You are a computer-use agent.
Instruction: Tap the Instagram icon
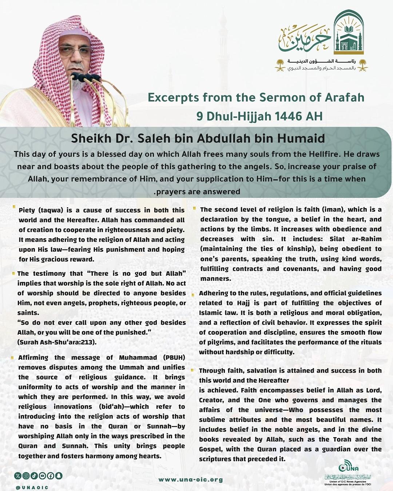[26, 475]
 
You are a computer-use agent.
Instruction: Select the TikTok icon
[34, 475]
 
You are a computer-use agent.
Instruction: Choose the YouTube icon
[43, 475]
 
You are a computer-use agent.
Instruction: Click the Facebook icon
[51, 475]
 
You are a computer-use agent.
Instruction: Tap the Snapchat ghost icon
[59, 475]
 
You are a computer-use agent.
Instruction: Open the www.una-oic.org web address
[190, 479]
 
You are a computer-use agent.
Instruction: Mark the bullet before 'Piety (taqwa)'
[14, 208]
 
